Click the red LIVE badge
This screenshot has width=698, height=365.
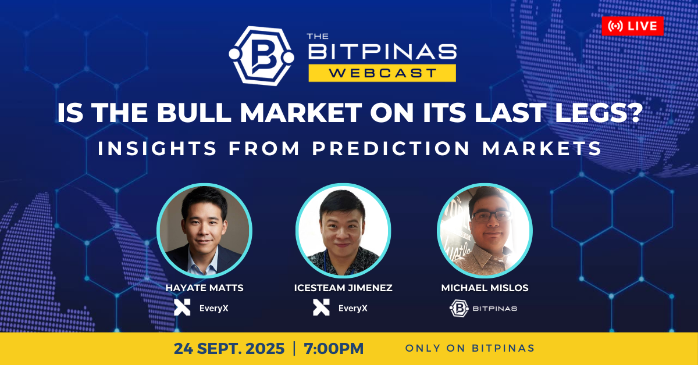(633, 26)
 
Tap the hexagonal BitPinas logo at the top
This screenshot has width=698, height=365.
(261, 56)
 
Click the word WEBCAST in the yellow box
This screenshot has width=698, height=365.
(382, 73)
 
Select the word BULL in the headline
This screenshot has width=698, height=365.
(194, 113)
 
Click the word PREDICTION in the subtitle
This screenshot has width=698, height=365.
(391, 148)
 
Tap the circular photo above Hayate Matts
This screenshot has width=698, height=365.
(204, 231)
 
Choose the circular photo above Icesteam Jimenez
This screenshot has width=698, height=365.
(343, 231)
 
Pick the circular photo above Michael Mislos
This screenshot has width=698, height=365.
(485, 231)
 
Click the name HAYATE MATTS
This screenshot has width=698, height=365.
(204, 288)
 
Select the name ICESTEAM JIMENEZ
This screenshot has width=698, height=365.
(343, 288)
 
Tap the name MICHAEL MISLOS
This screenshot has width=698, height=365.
(485, 288)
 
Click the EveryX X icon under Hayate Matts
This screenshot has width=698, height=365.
(182, 307)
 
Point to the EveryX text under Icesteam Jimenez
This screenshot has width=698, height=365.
(352, 308)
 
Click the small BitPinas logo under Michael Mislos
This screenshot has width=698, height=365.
(459, 308)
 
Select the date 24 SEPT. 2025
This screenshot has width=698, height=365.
(229, 349)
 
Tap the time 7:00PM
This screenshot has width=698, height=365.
(334, 349)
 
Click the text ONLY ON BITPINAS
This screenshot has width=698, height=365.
(470, 348)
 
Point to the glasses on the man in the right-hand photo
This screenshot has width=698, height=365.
(491, 216)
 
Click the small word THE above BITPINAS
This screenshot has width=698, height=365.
(318, 36)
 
